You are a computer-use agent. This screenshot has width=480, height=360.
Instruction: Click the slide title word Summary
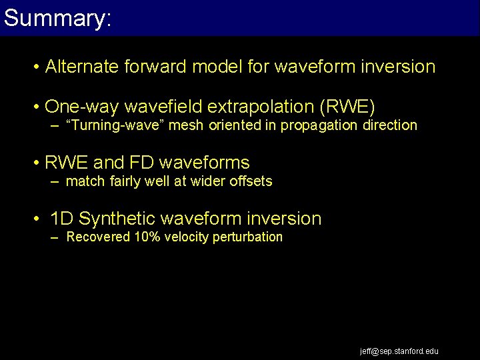coord(57,18)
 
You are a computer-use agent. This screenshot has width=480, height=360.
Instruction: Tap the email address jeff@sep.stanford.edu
coord(399,351)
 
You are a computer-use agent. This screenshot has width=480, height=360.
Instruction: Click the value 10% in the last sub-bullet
coord(142,237)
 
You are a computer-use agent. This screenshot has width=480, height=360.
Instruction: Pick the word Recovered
coord(98,237)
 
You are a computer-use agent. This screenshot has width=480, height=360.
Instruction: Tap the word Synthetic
coord(123,219)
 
